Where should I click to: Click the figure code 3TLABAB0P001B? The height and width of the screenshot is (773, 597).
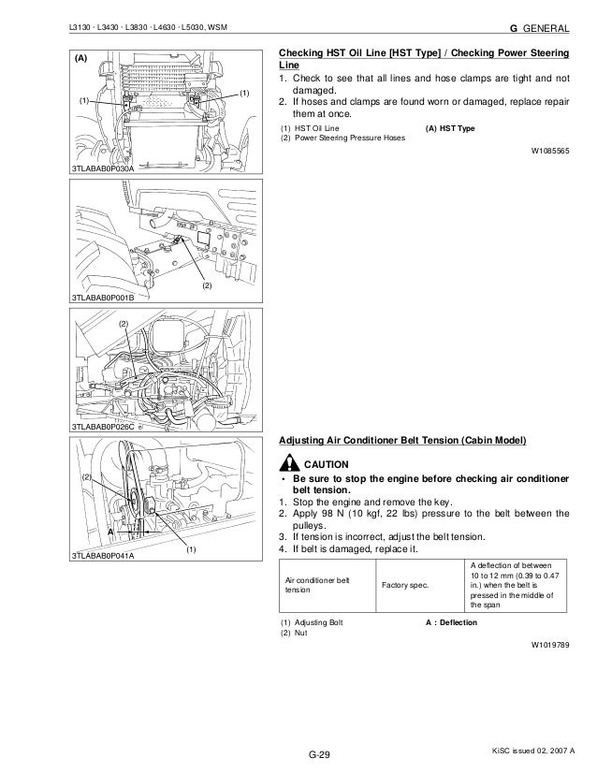pos(103,297)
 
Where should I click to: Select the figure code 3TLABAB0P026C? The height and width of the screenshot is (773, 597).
pos(103,427)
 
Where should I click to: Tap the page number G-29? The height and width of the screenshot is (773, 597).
pos(319,754)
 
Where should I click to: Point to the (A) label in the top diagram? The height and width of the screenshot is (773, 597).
pos(80,58)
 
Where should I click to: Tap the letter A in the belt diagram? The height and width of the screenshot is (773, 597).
pos(109,530)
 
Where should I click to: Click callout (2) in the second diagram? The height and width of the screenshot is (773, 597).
pos(208,283)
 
